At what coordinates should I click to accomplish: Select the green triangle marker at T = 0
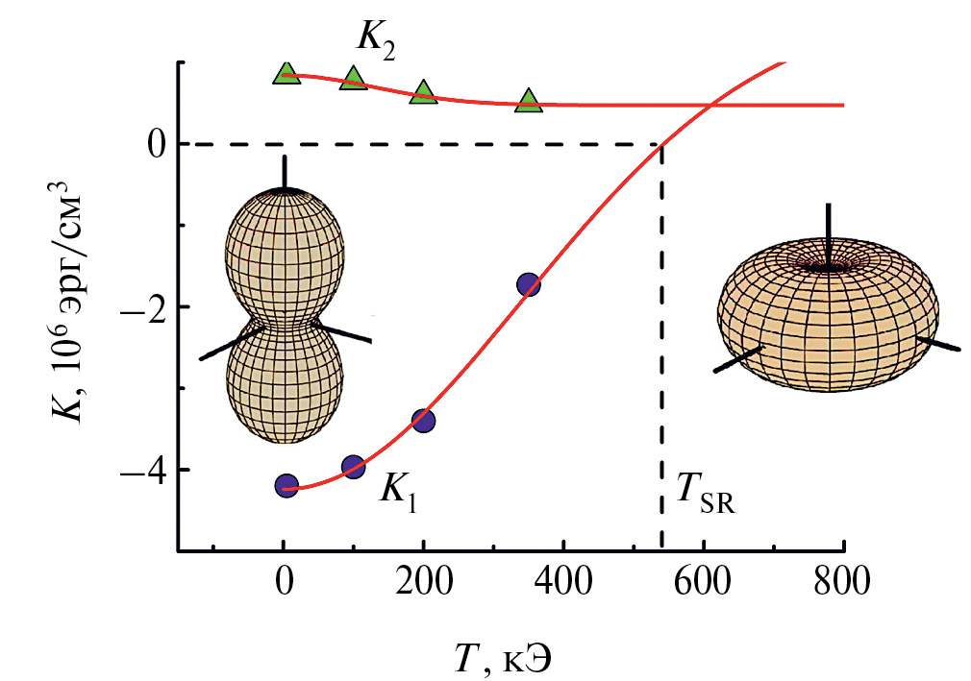(286, 73)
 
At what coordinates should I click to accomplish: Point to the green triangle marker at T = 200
(424, 93)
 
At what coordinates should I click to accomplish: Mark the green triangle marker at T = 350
(528, 101)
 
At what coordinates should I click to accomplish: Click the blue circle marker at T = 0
(286, 486)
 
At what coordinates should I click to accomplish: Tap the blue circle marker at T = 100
(354, 467)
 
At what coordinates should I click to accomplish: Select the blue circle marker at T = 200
(424, 420)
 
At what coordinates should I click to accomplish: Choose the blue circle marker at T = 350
(528, 284)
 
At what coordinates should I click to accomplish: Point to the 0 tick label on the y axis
(153, 145)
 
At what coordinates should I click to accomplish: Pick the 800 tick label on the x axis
(843, 583)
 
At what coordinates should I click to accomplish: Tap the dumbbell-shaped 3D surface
(284, 317)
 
